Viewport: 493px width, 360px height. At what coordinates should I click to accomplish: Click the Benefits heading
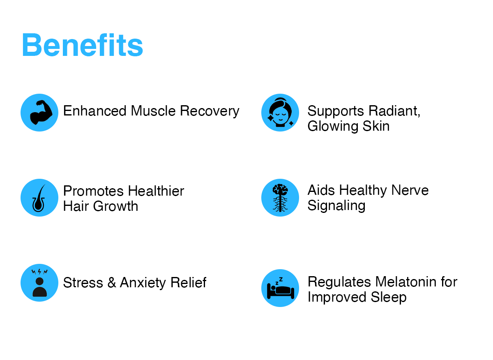pos(83,45)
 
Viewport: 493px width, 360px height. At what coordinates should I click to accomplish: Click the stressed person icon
pos(39,282)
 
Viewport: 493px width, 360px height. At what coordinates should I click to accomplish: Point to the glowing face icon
pos(280,113)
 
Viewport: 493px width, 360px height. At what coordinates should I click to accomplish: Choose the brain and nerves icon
pos(280,198)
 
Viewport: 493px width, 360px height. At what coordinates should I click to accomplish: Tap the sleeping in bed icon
pos(280,288)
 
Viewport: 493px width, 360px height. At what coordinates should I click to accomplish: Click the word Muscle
pos(153,111)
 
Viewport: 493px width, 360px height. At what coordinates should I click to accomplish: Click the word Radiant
pos(394,111)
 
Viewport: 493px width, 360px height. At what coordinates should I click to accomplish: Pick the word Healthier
pos(156,191)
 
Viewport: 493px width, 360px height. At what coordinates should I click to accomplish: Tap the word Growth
pos(115,206)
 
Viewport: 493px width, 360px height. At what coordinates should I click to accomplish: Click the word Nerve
pos(410,190)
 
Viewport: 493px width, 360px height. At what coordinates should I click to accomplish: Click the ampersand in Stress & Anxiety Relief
pos(112,282)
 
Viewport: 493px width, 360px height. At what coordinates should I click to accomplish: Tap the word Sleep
pos(389,298)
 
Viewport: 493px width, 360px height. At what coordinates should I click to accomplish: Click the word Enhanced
pos(95,111)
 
